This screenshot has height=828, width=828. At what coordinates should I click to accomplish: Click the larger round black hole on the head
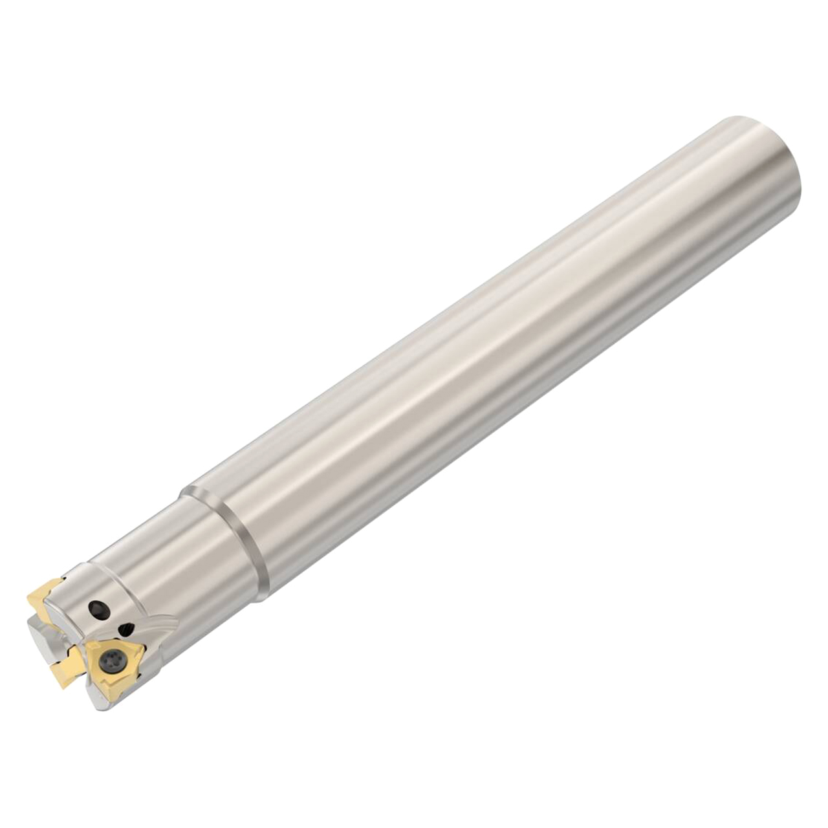pyautogui.click(x=98, y=609)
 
